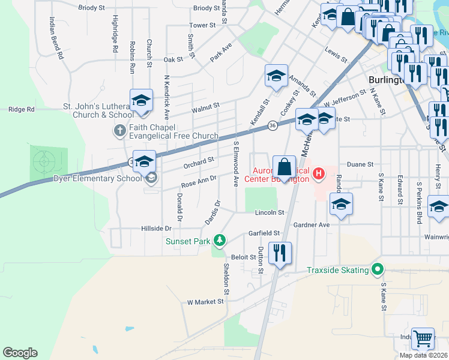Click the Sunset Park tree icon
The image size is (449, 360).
pos(220,241)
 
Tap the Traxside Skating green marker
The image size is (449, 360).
pos(377,270)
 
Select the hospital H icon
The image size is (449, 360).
pos(319,175)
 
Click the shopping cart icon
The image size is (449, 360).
pos(423,339)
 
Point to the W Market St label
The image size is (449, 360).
pos(205,302)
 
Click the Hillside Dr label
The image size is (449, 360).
pos(156,229)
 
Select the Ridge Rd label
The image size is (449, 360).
pos(21,110)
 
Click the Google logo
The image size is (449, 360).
pos(20,353)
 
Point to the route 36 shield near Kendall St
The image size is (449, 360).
pos(273,125)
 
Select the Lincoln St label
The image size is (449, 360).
pos(268,212)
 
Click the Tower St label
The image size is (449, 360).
pos(202,25)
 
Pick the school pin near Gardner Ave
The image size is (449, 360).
pos(341,204)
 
